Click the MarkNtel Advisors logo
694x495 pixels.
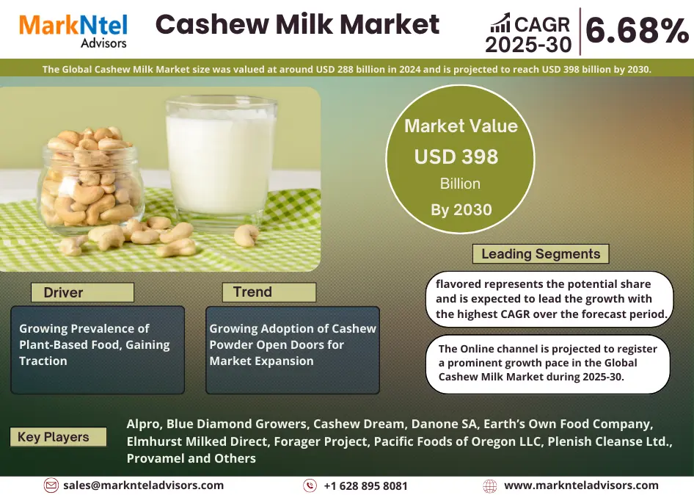(73, 30)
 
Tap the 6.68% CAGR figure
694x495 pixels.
(638, 30)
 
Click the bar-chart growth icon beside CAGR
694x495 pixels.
(500, 23)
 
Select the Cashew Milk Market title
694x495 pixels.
(297, 24)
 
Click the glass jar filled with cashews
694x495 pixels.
(92, 181)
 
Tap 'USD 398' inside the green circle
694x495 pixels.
(456, 156)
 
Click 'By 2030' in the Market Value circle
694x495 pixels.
(461, 209)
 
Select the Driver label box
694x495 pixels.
(82, 292)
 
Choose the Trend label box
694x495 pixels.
(269, 292)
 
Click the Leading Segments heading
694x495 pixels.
(541, 254)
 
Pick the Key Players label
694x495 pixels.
(58, 437)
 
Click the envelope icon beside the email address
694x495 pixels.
(51, 485)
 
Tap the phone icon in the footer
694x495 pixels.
(310, 485)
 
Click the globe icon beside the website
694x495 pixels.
(490, 486)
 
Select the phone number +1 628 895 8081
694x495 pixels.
(365, 486)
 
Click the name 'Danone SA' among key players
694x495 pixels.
(444, 424)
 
